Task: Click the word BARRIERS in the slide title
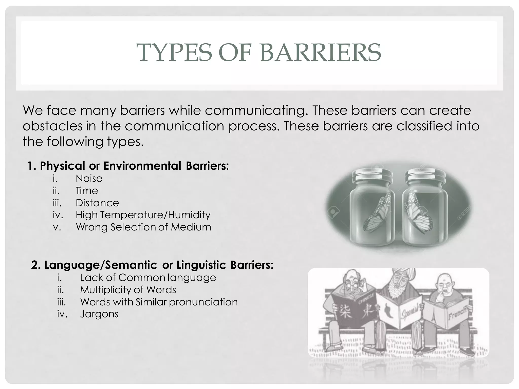[320, 52]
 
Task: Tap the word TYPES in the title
[174, 52]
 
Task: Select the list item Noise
[89, 179]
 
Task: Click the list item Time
[87, 191]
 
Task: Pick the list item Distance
[97, 203]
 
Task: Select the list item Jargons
[99, 314]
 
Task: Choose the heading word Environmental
[142, 166]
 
